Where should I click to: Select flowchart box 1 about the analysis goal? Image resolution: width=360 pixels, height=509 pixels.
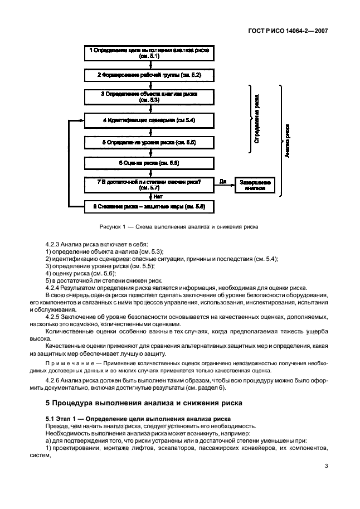(x=149, y=53)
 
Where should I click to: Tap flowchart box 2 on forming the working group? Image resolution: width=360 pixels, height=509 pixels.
(x=149, y=74)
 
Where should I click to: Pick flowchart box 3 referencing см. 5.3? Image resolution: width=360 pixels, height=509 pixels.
(x=149, y=97)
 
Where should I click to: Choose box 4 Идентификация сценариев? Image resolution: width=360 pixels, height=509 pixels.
(x=149, y=120)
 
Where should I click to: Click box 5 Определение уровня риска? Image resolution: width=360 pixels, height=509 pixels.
(x=149, y=143)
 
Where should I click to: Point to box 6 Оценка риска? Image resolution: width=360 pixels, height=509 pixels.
(x=149, y=163)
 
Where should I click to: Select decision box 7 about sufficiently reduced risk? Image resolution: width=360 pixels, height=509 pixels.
(x=149, y=185)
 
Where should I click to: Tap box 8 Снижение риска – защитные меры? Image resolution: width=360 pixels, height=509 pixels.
(x=149, y=207)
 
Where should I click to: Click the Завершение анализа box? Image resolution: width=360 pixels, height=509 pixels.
(x=255, y=185)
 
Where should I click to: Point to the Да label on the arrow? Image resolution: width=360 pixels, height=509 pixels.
(x=223, y=181)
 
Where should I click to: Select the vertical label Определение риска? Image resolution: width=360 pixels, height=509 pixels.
(x=256, y=120)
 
